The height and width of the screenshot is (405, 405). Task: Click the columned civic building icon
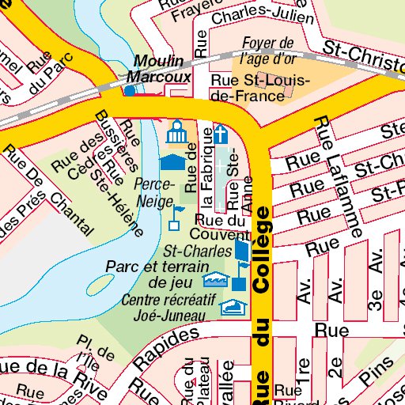pos(176,131)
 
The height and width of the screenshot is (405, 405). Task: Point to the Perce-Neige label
pos(153,192)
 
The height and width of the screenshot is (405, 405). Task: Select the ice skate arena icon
pos(231,307)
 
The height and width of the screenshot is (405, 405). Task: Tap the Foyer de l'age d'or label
pos(267,50)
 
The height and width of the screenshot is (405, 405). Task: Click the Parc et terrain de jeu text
pos(159,274)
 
